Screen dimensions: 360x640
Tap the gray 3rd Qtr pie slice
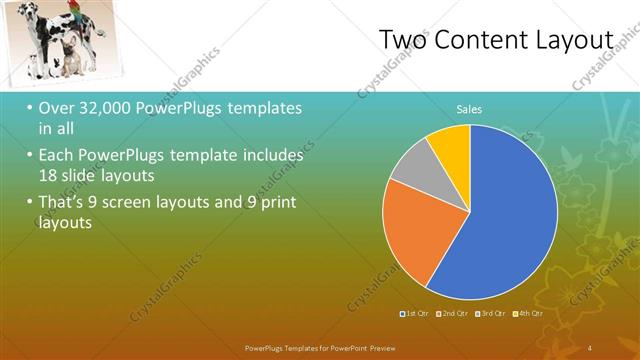click(411, 178)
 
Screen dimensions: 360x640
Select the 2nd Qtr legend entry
click(454, 314)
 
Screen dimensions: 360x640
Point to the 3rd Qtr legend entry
click(491, 314)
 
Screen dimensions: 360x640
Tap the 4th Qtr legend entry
click(528, 314)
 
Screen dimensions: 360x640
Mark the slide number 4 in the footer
click(590, 346)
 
